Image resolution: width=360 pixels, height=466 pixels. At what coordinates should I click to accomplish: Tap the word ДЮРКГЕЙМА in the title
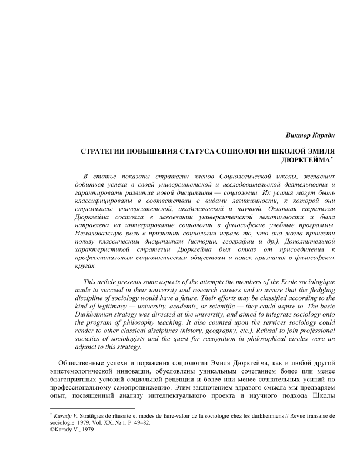point(301,159)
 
